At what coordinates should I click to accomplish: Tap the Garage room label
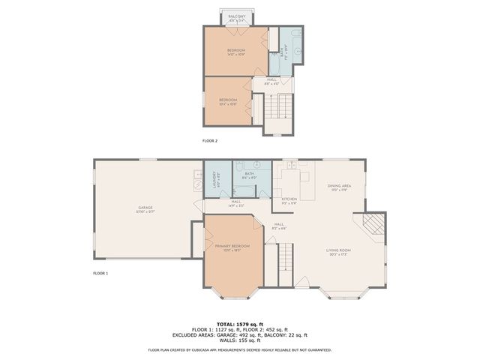click(145, 210)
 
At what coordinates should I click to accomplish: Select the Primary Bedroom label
click(232, 247)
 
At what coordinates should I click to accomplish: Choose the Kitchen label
click(289, 200)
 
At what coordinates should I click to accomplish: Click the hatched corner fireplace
click(373, 223)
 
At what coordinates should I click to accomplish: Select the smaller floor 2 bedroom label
click(228, 101)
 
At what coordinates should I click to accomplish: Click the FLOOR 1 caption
click(100, 273)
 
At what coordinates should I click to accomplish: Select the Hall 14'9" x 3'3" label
click(236, 202)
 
